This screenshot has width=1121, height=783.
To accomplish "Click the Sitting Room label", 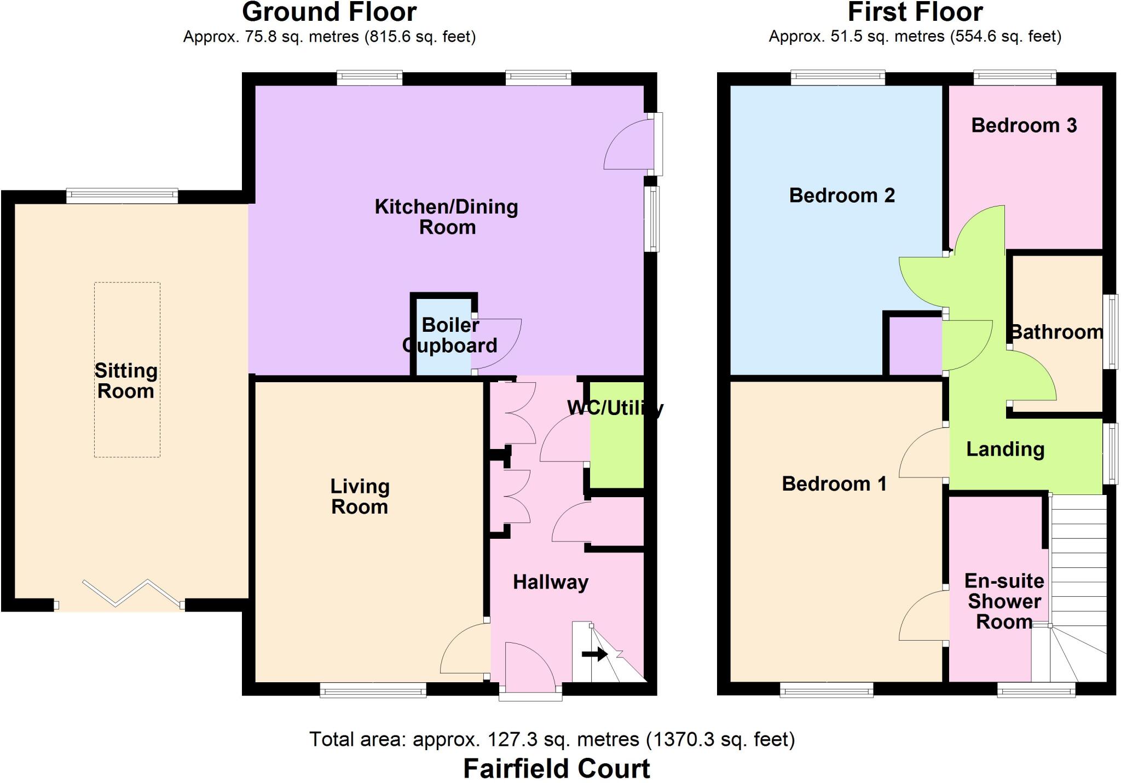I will (126, 381).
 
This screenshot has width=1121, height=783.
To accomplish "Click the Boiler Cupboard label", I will (450, 335).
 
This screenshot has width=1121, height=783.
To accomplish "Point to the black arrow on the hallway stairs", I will (594, 654).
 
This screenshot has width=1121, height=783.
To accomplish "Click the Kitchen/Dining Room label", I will (447, 217).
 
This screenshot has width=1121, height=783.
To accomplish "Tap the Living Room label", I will (360, 497).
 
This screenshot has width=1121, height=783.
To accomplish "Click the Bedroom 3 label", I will (1024, 125).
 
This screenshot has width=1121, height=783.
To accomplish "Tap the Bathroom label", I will (1056, 332).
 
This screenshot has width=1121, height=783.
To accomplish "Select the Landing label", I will (1005, 449).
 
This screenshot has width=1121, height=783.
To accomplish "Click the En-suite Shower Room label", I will (1004, 601).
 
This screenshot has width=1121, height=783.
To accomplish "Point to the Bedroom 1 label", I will (834, 483).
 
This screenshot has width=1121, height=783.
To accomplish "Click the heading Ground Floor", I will (329, 12).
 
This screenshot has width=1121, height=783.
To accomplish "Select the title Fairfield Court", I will (556, 768).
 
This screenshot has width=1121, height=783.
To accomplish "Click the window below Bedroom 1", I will (826, 692).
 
